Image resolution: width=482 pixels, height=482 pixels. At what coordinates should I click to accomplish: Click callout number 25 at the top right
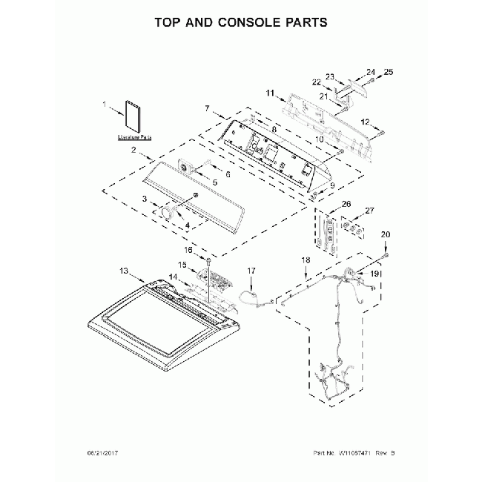[389, 72]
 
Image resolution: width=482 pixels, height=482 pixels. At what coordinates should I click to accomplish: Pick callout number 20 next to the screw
[385, 235]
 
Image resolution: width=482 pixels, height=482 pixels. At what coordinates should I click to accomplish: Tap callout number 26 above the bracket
[346, 204]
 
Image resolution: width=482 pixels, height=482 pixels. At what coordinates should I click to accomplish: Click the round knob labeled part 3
[163, 214]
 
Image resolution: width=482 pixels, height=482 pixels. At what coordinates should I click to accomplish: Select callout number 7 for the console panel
[208, 108]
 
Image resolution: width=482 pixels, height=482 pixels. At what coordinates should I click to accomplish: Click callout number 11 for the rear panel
[270, 93]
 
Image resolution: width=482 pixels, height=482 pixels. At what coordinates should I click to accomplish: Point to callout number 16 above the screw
[188, 251]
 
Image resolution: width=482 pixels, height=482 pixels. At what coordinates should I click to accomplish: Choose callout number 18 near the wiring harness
[305, 260]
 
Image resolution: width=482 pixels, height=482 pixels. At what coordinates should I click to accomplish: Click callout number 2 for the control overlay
[133, 151]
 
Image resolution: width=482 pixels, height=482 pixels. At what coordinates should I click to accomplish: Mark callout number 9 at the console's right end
[332, 185]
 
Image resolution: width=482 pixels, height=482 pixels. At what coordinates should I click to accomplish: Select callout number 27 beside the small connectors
[370, 211]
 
